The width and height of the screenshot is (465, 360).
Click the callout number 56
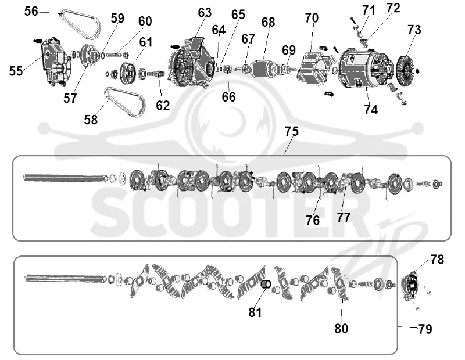point(31,12)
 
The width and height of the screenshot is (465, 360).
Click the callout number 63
point(205,13)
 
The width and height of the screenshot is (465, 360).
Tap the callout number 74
point(371,110)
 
